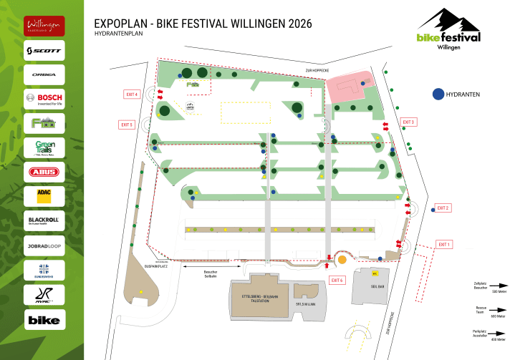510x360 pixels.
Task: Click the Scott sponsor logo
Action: [44, 51]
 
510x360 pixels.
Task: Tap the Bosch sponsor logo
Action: [44, 99]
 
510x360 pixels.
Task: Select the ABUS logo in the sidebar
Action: [44, 172]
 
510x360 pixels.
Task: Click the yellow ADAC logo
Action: [44, 195]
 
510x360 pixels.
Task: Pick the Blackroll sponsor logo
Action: [44, 220]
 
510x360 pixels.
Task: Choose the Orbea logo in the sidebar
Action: [44, 75]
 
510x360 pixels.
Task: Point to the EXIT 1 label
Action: [444, 245]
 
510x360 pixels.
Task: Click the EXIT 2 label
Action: [443, 208]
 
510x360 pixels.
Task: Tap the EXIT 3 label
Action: [408, 122]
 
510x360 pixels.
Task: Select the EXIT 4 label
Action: [131, 94]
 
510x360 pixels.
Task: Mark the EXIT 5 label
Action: [127, 125]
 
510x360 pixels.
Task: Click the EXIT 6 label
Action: [337, 279]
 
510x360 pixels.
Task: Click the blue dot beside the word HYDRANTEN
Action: [437, 94]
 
